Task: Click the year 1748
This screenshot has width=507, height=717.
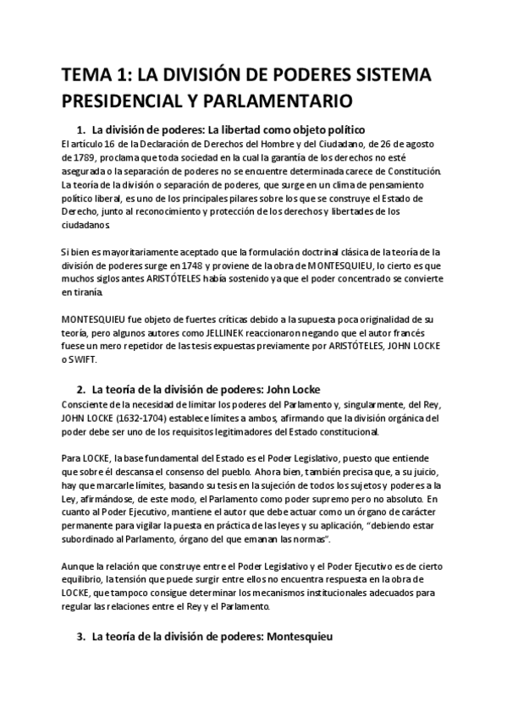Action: [x=240, y=265]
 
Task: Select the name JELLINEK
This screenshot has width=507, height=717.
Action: [x=245, y=334]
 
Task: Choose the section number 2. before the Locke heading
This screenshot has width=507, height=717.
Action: [x=81, y=391]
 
